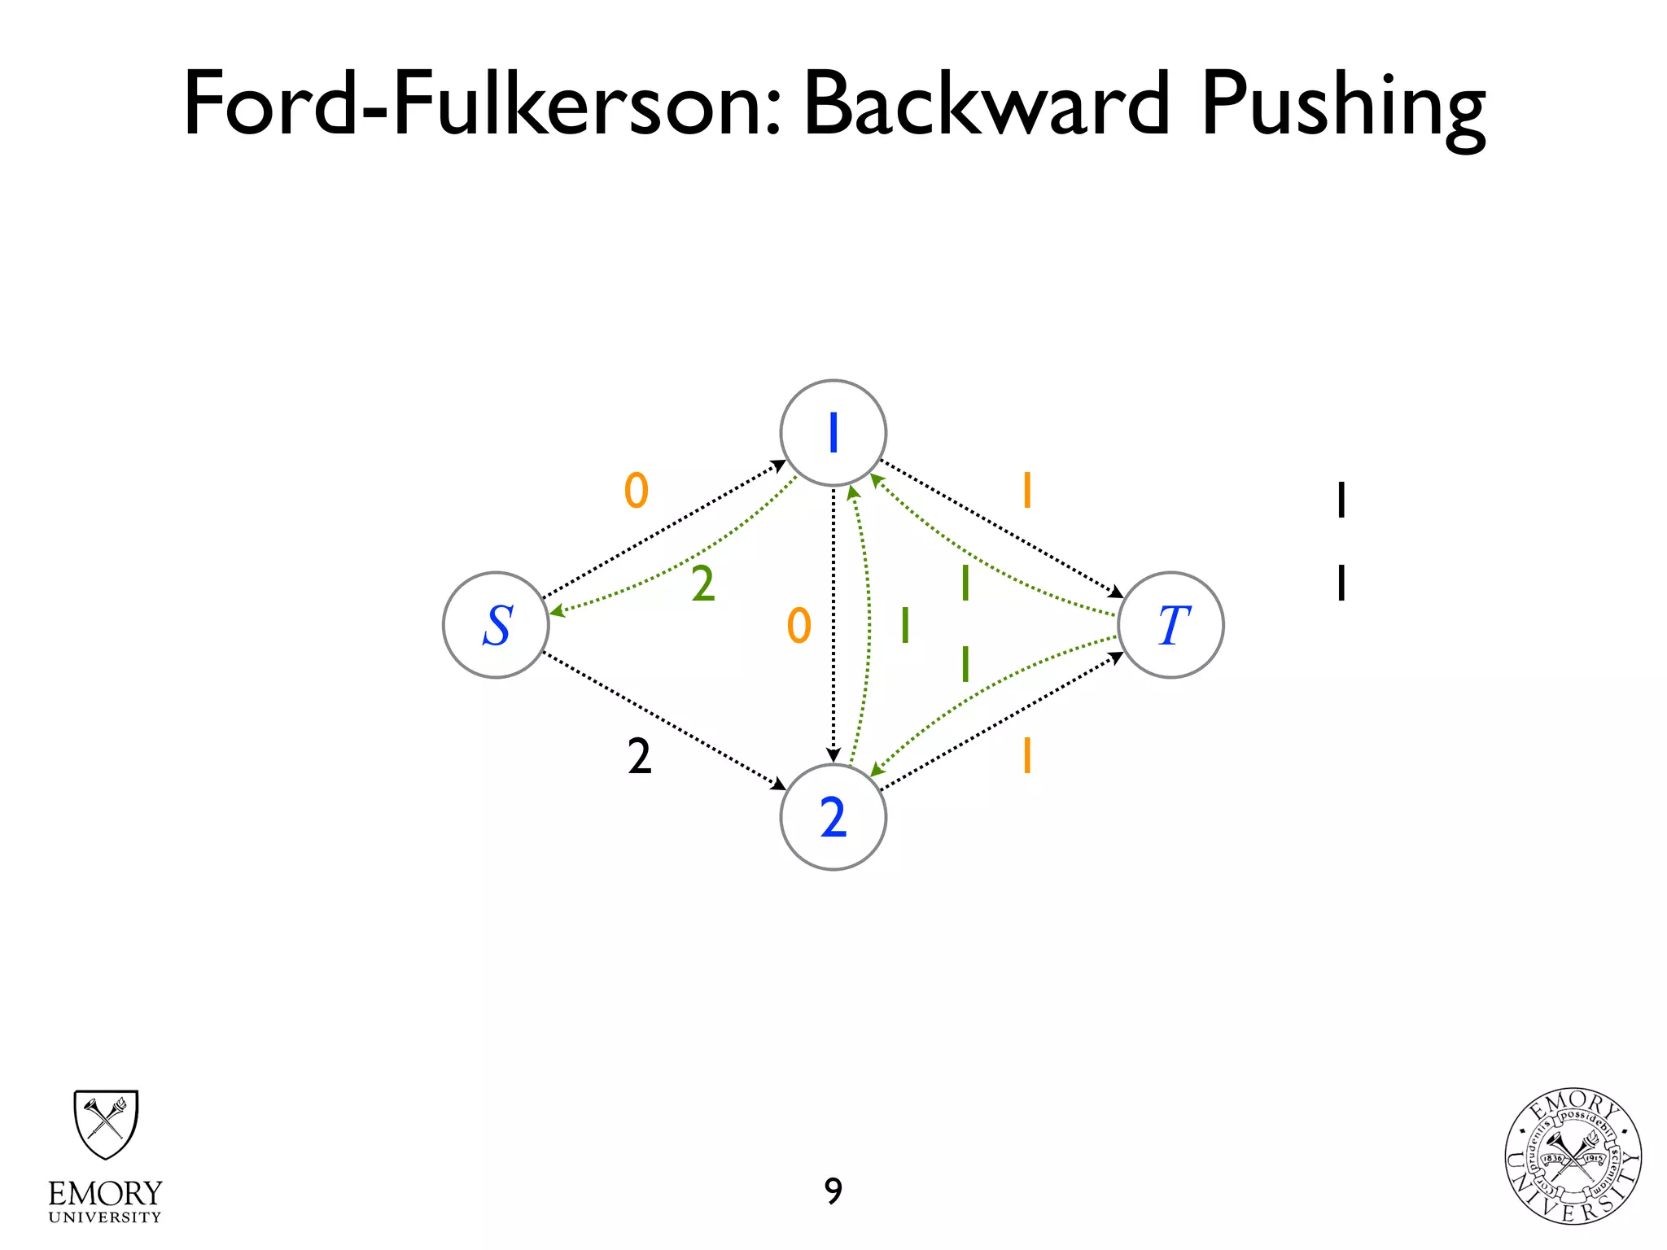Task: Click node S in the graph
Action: (x=496, y=625)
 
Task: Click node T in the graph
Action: (x=1170, y=625)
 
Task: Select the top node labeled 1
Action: (x=833, y=433)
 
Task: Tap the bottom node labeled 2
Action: (x=833, y=817)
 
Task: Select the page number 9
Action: (x=833, y=1191)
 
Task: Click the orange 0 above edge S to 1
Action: (x=637, y=491)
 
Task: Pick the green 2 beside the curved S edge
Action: (x=703, y=584)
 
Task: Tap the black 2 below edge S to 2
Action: (x=640, y=757)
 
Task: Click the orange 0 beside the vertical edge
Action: (x=799, y=626)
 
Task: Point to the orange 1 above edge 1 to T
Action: (x=1027, y=491)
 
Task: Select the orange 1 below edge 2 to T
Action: (x=1027, y=755)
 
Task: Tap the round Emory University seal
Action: (x=1573, y=1156)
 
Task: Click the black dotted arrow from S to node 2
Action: (x=663, y=720)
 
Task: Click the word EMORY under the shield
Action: (x=105, y=1194)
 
